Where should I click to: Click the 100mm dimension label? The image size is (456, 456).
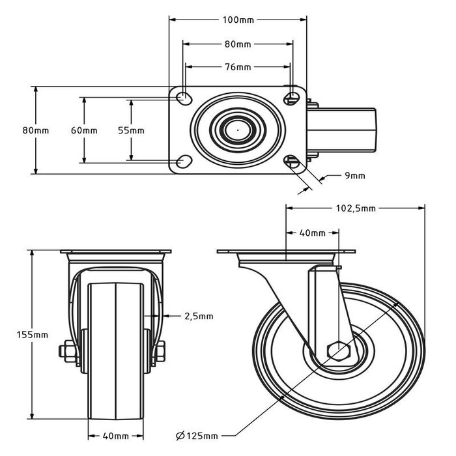click(x=238, y=20)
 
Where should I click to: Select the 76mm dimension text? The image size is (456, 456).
click(x=238, y=66)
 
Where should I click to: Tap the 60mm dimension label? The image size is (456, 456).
click(x=84, y=130)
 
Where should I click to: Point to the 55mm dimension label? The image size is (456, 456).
click(x=131, y=130)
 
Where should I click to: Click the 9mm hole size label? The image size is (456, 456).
click(x=354, y=175)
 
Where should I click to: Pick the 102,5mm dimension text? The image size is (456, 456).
click(x=355, y=208)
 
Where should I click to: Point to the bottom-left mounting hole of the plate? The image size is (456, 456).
click(x=184, y=161)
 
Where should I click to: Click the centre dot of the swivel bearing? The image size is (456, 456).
click(x=238, y=130)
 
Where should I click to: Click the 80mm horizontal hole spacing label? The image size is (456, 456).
click(x=238, y=44)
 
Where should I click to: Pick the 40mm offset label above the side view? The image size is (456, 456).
click(x=312, y=233)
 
